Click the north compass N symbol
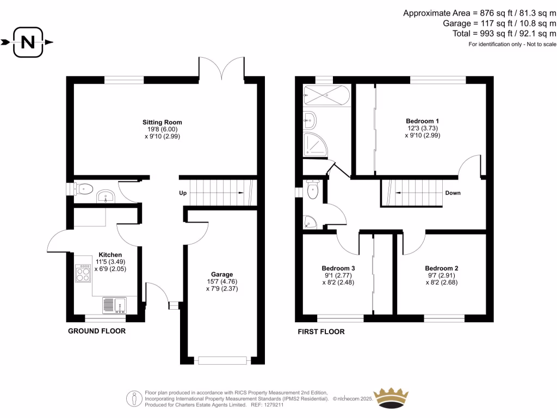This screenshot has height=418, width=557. point(27,41)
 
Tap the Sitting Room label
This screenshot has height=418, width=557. point(162,122)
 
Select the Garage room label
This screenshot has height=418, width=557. point(222,274)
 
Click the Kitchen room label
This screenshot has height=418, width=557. point(110,255)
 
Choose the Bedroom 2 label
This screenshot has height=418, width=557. point(441,268)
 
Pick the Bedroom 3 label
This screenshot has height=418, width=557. point(338,268)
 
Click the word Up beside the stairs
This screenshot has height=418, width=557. point(184,193)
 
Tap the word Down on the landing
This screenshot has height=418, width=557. point(454,193)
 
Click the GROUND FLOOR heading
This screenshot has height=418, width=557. point(96,331)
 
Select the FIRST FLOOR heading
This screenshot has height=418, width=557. point(321,331)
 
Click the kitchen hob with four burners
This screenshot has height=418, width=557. point(84,273)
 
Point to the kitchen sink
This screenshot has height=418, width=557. point(114,305)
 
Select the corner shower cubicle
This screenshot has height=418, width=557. point(314,143)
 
